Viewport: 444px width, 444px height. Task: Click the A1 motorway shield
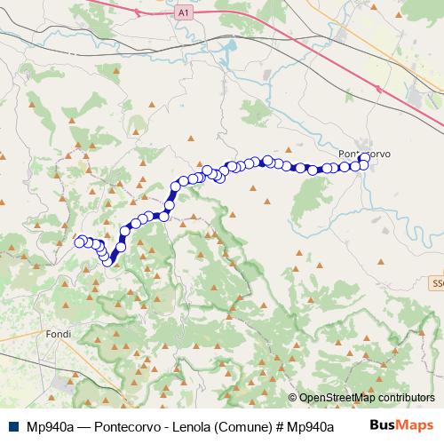tap(183, 13)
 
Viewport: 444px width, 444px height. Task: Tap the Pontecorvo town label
tap(365, 153)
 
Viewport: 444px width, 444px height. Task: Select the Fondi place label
tap(56, 334)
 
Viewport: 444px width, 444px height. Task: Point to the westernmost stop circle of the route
tap(79, 242)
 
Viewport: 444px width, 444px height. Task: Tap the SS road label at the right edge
tap(436, 283)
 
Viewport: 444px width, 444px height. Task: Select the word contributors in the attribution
tap(404, 398)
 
